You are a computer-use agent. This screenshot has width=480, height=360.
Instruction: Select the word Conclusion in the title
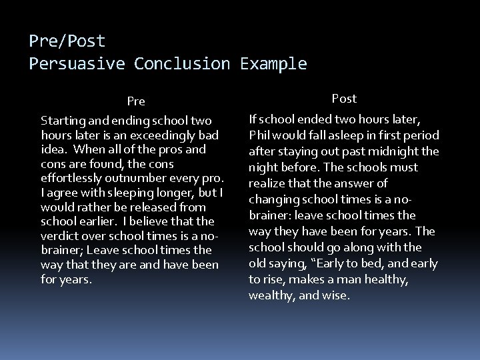pos(181,64)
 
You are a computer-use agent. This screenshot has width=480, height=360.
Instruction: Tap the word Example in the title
pos(275,64)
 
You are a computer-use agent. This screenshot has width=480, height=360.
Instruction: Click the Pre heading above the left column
pos(136,102)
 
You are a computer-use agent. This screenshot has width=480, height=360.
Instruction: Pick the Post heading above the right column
pos(344,99)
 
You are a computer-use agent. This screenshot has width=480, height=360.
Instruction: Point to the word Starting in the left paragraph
pos(62,121)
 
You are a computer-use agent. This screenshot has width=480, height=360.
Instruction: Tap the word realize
pos(269,183)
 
